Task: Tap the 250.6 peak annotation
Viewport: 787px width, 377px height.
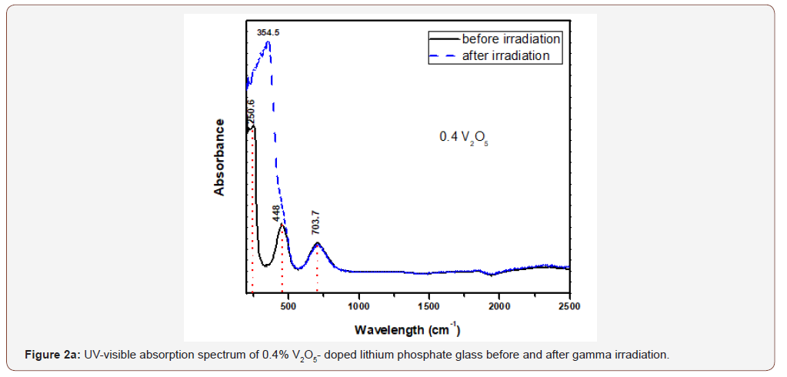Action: point(251,112)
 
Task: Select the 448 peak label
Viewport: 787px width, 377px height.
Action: point(277,213)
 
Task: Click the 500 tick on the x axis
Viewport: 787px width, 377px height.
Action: point(288,306)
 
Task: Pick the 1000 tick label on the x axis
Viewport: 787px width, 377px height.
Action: point(358,306)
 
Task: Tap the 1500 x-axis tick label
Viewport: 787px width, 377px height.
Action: point(429,306)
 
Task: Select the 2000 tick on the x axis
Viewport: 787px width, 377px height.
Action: point(499,306)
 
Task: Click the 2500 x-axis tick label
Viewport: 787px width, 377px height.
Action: point(569,306)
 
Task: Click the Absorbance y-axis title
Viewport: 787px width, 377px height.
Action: point(220,157)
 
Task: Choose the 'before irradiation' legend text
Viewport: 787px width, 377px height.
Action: point(511,38)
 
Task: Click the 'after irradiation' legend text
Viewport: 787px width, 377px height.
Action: point(505,55)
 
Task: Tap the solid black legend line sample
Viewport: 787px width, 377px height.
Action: point(445,38)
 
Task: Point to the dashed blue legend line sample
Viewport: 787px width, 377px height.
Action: point(445,55)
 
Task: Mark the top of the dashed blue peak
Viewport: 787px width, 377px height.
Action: point(268,42)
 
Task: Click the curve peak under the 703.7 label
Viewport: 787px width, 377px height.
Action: point(317,244)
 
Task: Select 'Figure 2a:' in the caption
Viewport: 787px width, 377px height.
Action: point(50,355)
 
